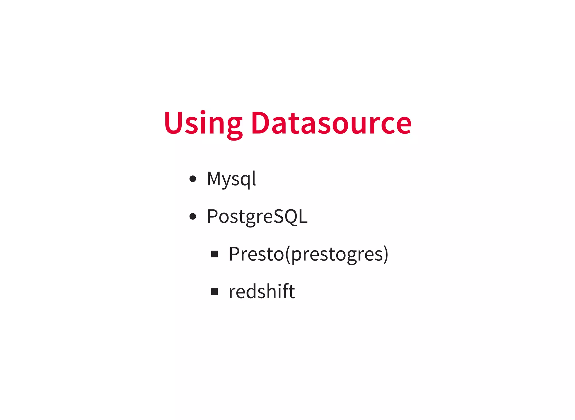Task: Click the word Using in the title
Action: coord(203,124)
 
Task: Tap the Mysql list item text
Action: coord(231,179)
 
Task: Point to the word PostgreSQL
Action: coord(257,216)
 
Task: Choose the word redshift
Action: coord(262,291)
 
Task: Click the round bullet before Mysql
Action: coord(193,179)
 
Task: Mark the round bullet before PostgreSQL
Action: coord(193,216)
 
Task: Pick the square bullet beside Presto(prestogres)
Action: coord(215,254)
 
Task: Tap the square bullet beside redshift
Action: coord(215,292)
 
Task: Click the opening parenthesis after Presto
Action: coord(287,254)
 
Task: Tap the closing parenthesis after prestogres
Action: coord(386,254)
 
